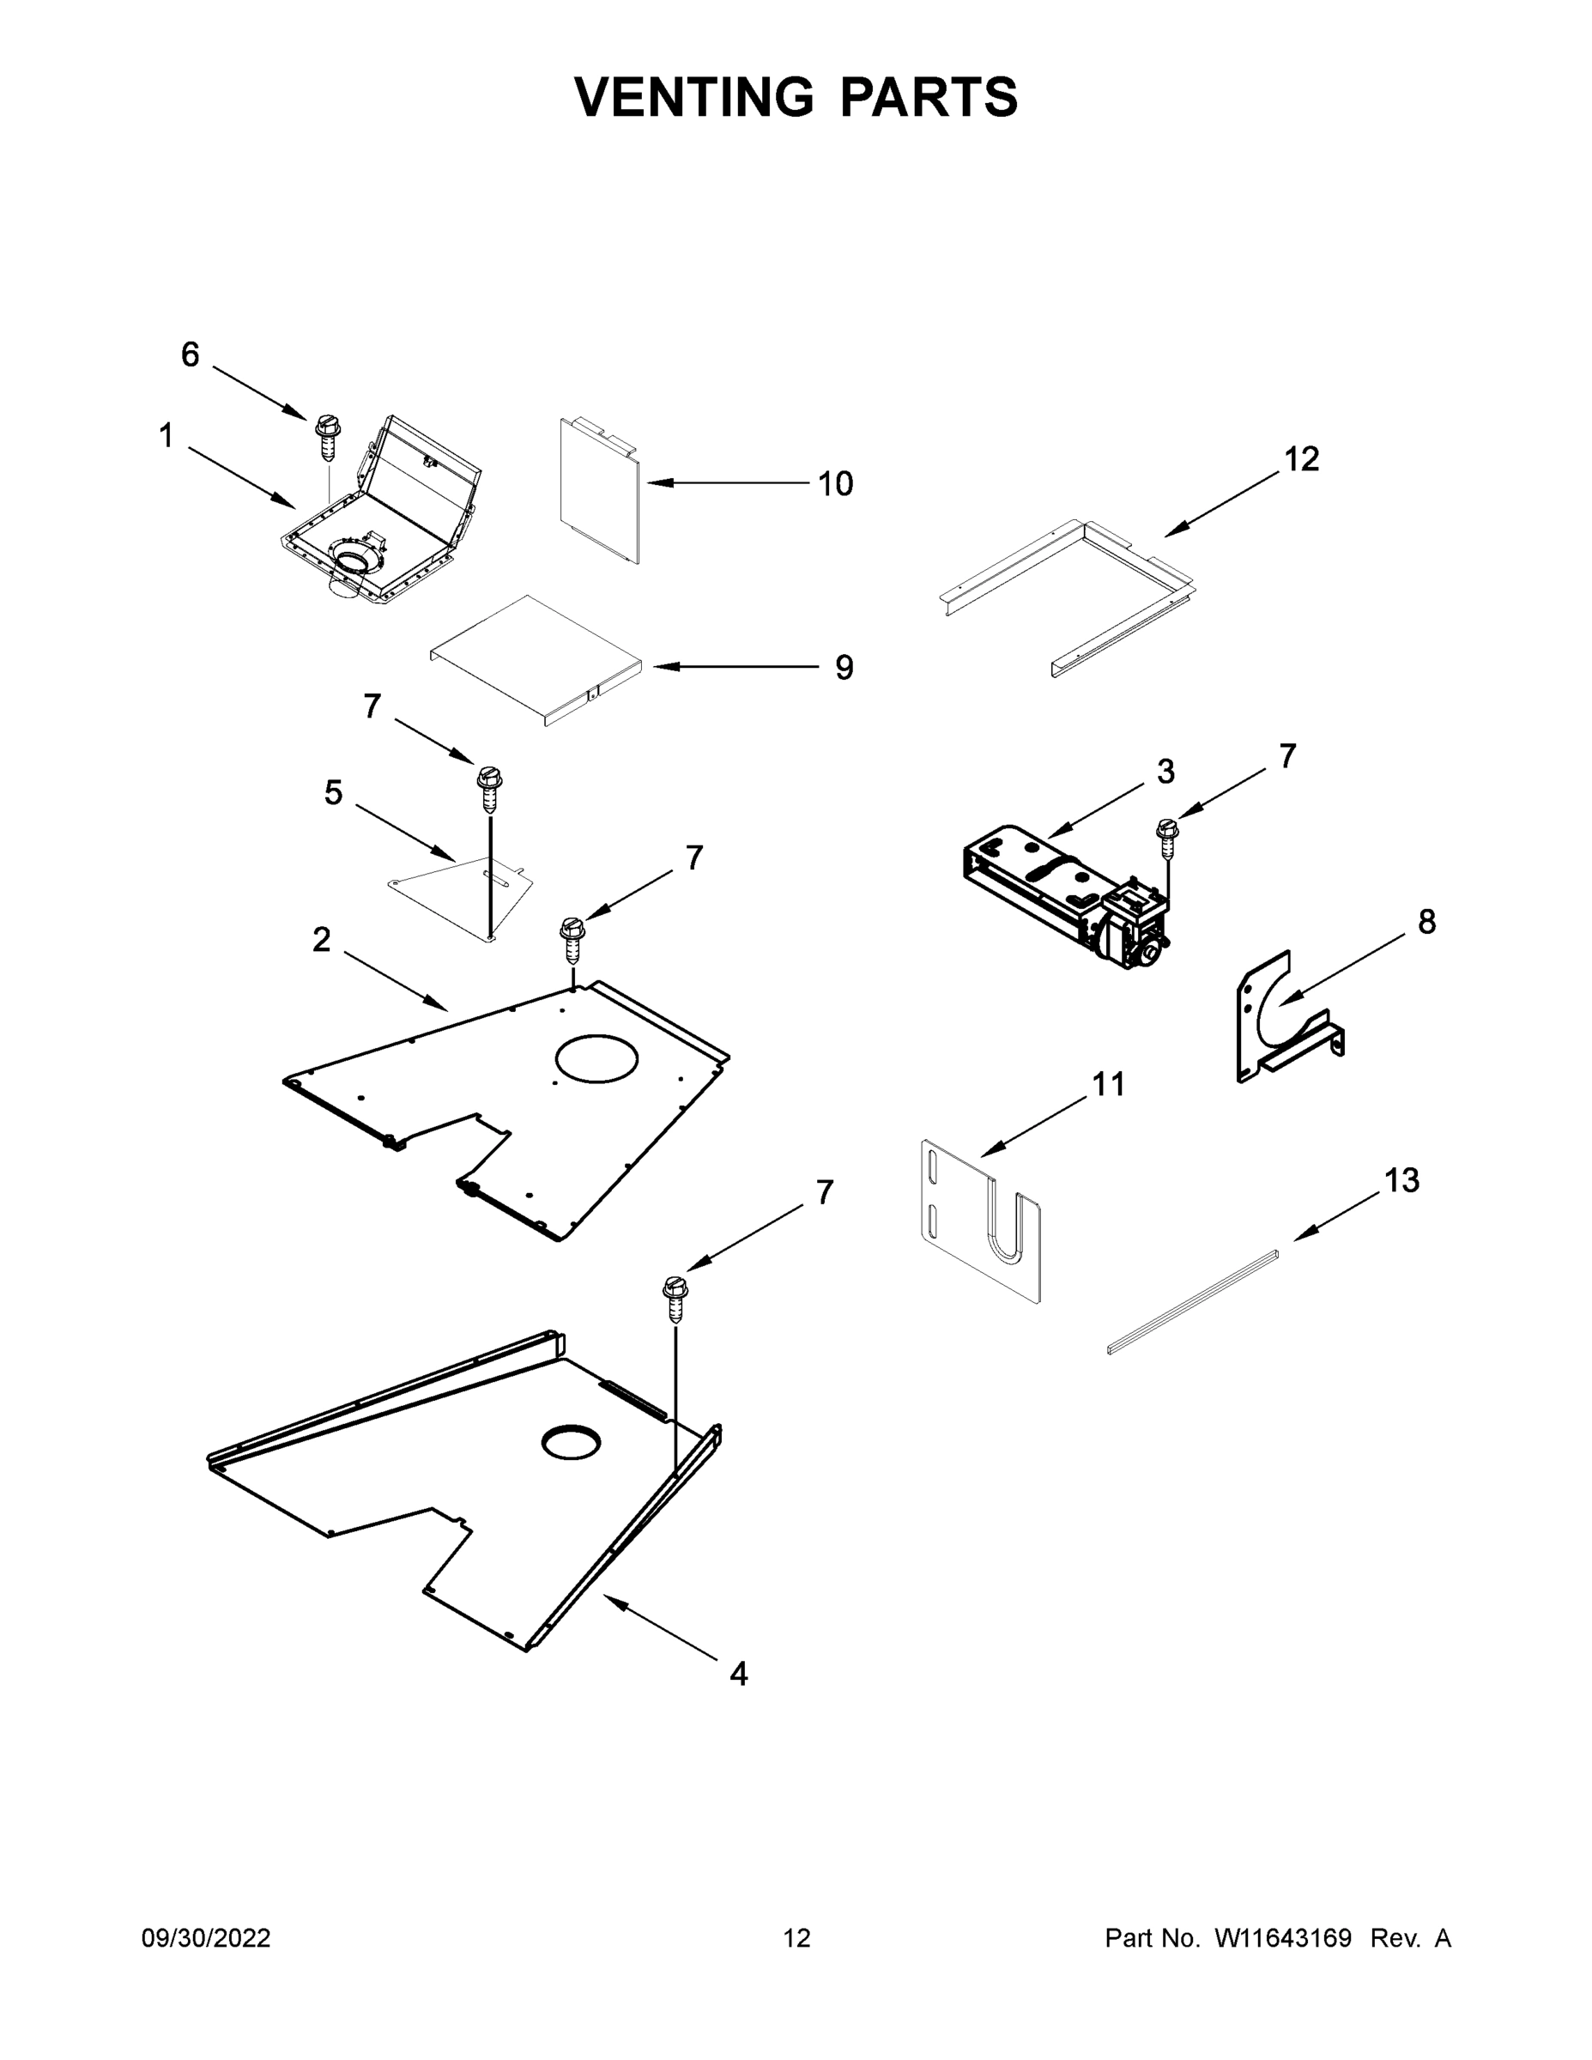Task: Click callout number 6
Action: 190,354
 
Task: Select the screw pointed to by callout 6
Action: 327,437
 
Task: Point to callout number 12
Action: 1302,459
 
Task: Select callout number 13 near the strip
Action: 1401,1181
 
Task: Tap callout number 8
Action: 1426,922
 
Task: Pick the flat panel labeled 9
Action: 533,660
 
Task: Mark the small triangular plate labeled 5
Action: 462,891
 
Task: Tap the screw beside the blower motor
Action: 1167,836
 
